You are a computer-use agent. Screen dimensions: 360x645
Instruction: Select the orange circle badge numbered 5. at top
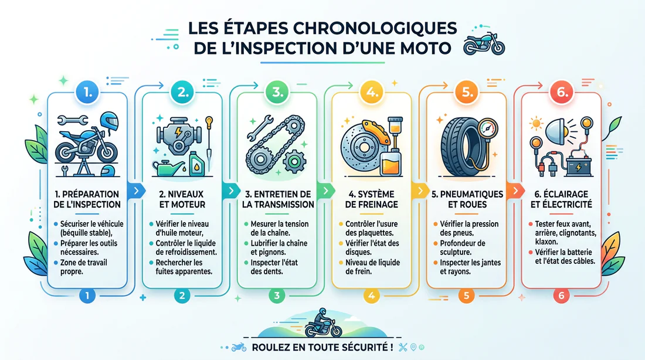click(x=466, y=91)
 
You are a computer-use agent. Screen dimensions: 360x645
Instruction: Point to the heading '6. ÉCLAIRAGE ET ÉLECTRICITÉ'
click(x=561, y=199)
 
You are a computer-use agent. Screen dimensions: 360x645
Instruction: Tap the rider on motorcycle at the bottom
click(x=322, y=322)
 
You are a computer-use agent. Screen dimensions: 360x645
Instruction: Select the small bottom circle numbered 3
click(x=276, y=296)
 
